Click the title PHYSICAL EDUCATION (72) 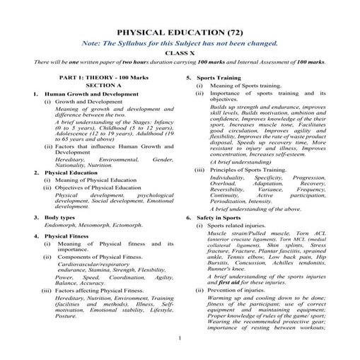(180, 33)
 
